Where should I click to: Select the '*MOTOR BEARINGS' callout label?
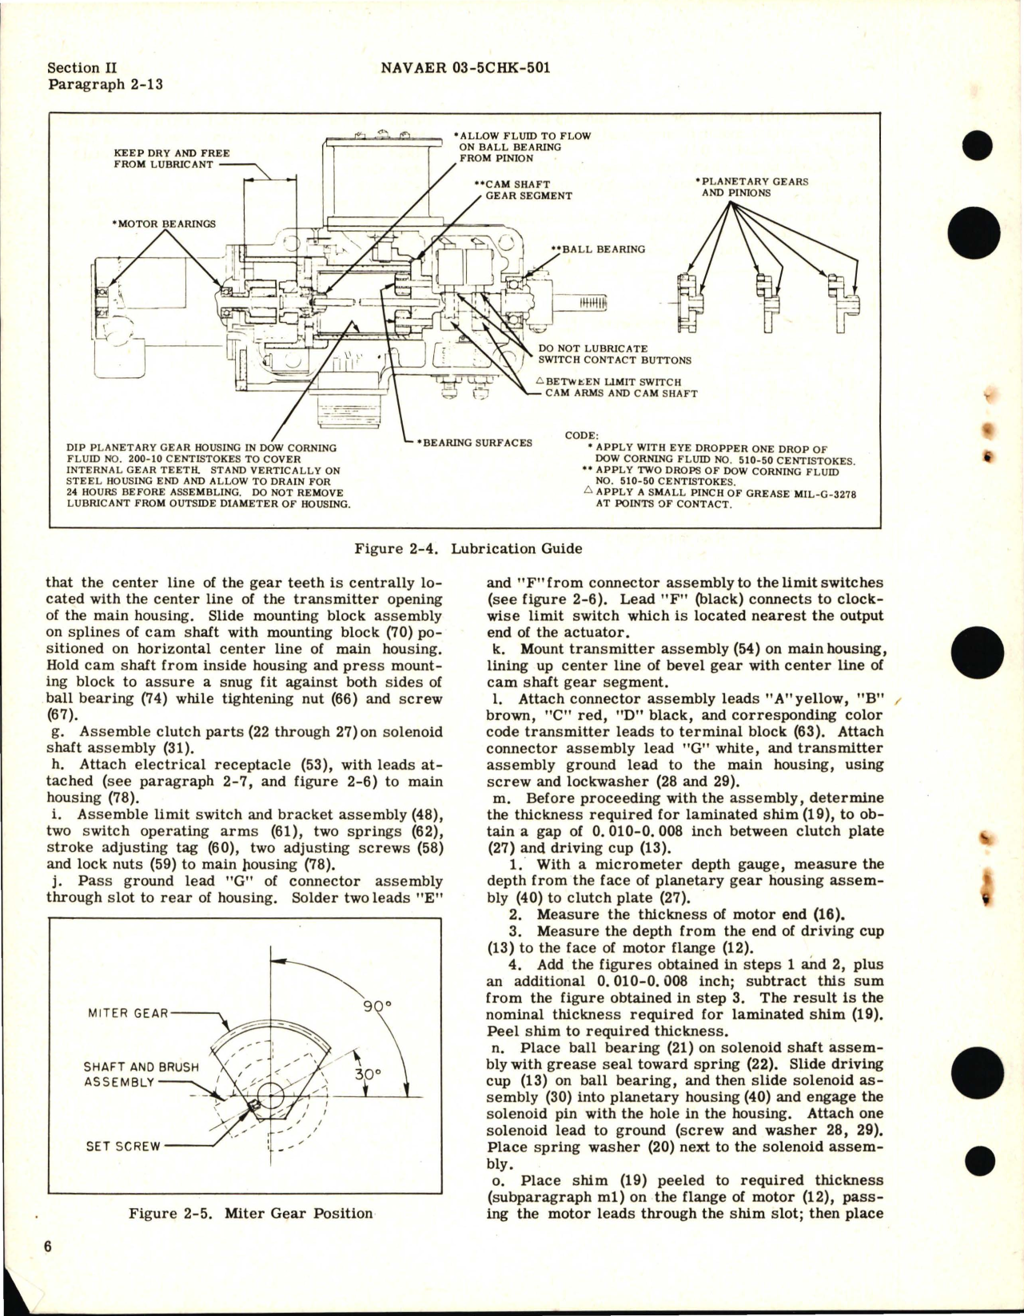pyautogui.click(x=164, y=224)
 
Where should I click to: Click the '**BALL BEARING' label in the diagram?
pyautogui.click(x=598, y=249)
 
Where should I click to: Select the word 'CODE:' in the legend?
pyautogui.click(x=582, y=435)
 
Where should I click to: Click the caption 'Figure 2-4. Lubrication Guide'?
pyautogui.click(x=468, y=549)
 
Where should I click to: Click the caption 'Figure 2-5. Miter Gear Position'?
pyautogui.click(x=250, y=1213)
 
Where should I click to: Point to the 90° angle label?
pyautogui.click(x=373, y=1007)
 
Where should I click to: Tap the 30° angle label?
pyautogui.click(x=365, y=1074)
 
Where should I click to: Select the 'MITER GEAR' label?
pyautogui.click(x=128, y=1013)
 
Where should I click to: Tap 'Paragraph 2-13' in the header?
pyautogui.click(x=106, y=84)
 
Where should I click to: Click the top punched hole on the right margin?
pyautogui.click(x=976, y=146)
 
